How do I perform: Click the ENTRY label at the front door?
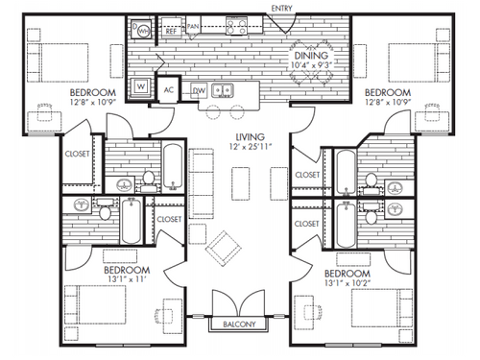point(282,9)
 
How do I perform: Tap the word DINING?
point(312,56)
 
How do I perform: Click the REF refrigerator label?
point(171,31)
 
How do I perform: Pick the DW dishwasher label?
point(200,90)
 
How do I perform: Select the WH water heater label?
point(144,30)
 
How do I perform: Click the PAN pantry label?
point(193,27)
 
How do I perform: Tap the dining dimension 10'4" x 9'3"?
point(312,66)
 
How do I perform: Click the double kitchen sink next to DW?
point(226,91)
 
